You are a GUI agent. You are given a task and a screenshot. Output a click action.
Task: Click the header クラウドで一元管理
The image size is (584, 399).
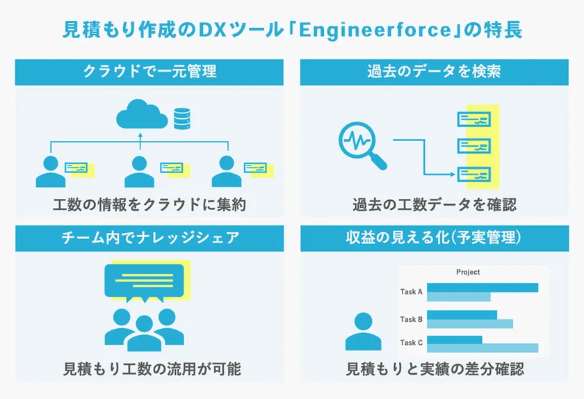tap(149, 72)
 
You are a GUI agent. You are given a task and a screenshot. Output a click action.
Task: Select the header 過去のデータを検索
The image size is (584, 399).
tap(435, 72)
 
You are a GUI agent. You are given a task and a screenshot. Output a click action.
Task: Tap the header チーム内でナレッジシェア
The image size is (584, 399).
tap(149, 238)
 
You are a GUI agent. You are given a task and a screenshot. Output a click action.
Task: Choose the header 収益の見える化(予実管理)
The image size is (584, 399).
tap(435, 238)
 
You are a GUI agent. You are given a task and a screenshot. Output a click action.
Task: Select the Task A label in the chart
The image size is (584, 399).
tap(412, 292)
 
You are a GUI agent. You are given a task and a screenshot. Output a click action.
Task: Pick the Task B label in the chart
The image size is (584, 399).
tap(412, 320)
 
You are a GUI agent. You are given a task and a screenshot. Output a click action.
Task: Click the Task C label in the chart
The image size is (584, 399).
tap(412, 343)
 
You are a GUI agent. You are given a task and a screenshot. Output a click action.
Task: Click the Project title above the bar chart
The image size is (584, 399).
tap(468, 272)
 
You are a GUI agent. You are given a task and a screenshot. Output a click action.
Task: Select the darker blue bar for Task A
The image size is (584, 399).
tap(482, 288)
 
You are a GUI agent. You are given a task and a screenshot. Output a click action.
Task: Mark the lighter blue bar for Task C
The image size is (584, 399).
tap(482, 348)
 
